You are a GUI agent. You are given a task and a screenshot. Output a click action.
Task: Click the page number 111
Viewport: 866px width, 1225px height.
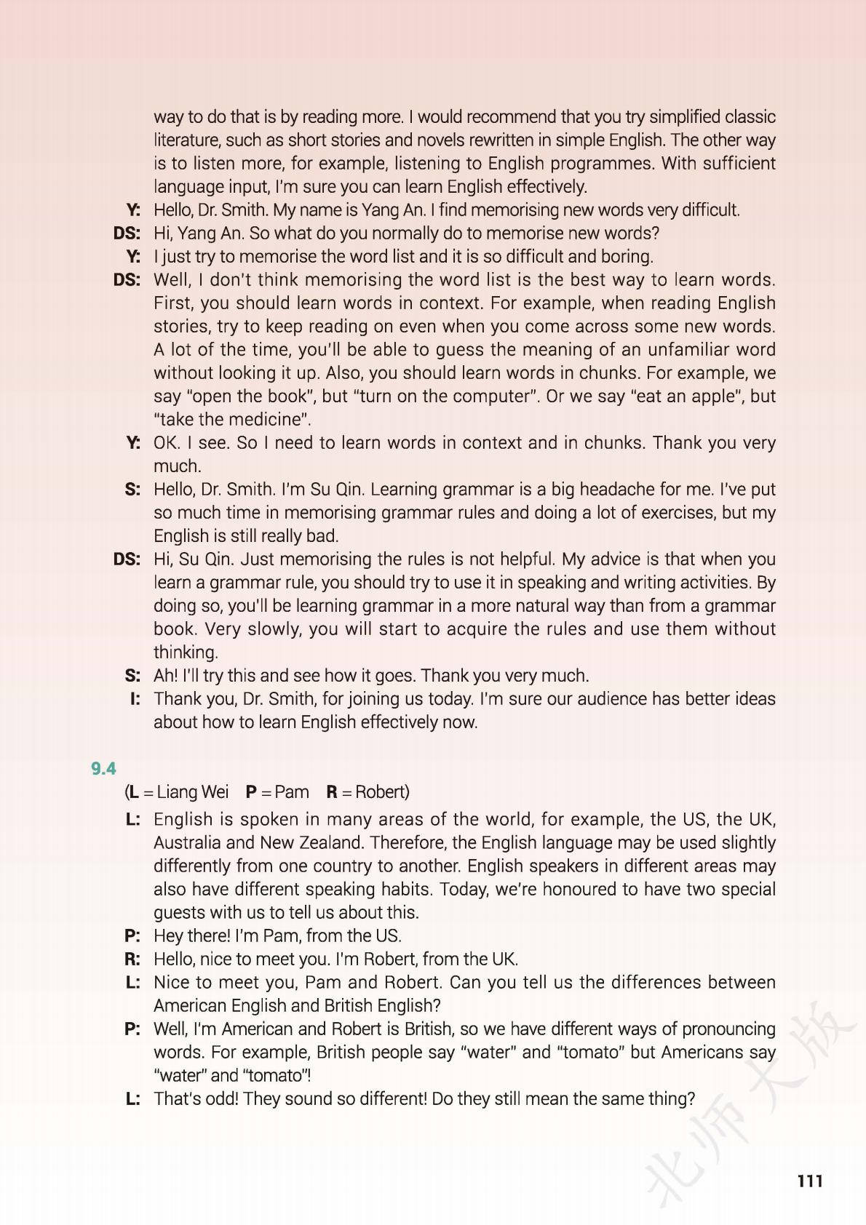(809, 1181)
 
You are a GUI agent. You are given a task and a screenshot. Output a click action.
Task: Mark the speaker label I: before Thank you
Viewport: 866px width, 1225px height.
(135, 699)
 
